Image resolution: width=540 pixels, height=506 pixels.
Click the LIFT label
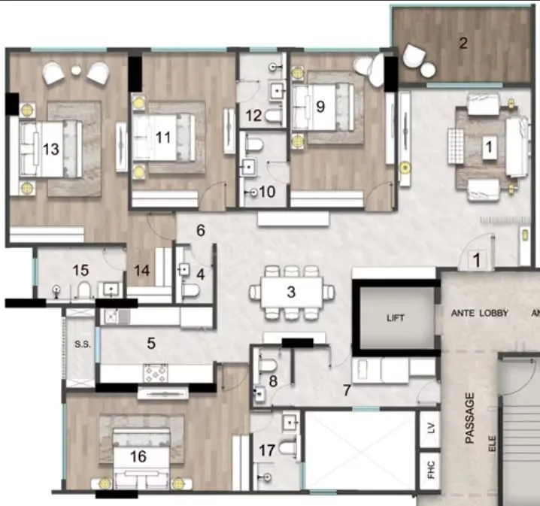(396, 318)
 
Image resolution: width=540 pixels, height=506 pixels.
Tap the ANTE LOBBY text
(480, 313)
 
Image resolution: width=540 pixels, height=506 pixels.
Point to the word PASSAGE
(471, 418)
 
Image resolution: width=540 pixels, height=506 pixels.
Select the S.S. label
(81, 345)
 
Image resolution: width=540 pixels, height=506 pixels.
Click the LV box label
(430, 428)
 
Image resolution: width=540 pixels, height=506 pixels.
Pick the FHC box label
(430, 471)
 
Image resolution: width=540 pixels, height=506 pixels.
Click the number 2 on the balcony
(463, 43)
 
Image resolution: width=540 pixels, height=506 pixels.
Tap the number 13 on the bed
(50, 149)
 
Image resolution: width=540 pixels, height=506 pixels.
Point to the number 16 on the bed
(138, 456)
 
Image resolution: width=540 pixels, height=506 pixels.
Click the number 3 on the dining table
(291, 292)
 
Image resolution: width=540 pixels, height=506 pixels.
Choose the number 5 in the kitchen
(151, 344)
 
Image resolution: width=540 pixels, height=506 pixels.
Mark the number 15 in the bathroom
(80, 268)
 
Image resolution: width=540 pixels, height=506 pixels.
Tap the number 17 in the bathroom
(267, 451)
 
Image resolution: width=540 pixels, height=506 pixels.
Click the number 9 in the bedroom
(320, 106)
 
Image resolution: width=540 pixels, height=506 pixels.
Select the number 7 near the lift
(346, 390)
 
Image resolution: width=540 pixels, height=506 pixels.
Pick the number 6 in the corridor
(201, 231)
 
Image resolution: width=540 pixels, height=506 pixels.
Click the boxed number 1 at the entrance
(475, 260)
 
